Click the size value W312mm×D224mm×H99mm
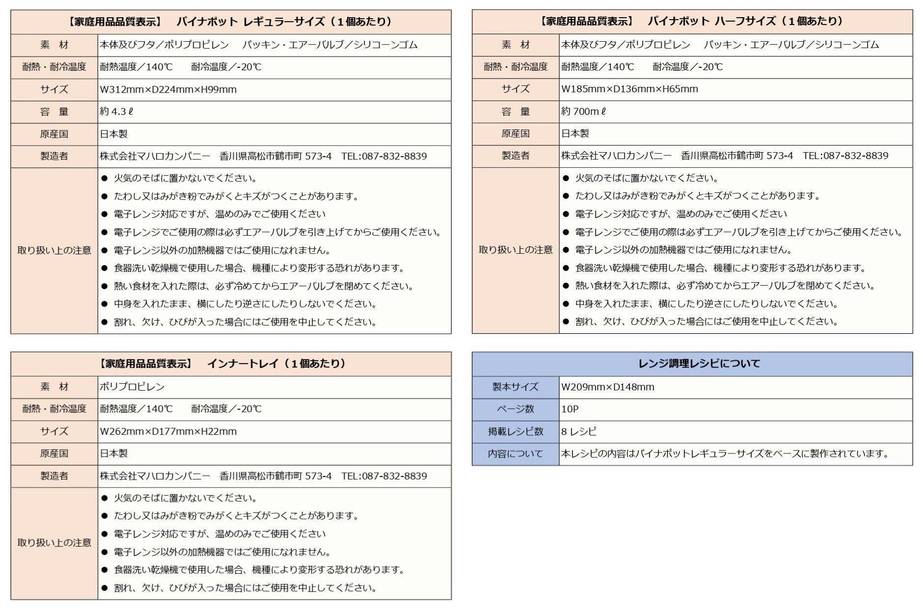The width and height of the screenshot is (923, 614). pos(168,89)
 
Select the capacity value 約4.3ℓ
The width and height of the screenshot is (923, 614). pos(116,111)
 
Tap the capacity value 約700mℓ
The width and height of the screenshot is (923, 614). pos(583,111)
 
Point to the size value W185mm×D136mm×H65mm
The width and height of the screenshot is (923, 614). pos(629,89)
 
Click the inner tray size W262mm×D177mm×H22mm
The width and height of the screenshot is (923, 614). pos(168,431)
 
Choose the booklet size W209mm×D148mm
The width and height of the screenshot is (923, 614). pos(607,387)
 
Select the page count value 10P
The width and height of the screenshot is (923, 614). pos(570,409)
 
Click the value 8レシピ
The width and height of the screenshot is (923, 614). pos(579,431)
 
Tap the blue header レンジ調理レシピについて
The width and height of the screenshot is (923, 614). pos(692,364)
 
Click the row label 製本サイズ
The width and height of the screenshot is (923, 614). pos(516,387)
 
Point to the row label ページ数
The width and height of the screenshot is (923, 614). pos(516,409)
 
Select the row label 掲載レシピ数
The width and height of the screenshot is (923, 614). pos(516,431)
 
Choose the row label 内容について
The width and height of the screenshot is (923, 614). pos(516,454)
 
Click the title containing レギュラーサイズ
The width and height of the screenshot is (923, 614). pos(231,22)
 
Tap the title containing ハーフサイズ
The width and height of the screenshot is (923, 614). pos(692,21)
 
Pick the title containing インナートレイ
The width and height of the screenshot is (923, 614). pos(231,364)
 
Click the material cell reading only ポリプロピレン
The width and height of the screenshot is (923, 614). pos(132,387)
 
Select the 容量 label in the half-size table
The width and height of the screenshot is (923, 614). pos(516,111)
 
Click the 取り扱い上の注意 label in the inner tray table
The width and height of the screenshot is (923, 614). pos(54,543)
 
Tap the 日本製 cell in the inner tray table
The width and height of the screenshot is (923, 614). pos(114,454)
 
